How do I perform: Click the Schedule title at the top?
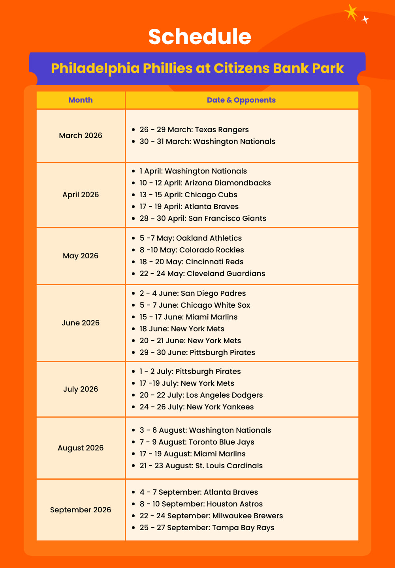[199, 36]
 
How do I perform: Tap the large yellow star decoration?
[351, 12]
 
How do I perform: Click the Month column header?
[81, 100]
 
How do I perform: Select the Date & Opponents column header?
[241, 100]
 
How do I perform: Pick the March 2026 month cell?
[81, 135]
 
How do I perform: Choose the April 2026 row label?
[81, 194]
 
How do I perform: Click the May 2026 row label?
[81, 256]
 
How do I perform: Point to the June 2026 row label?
[81, 323]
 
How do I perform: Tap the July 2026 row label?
[81, 389]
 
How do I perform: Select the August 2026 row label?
[81, 448]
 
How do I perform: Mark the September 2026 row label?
[81, 510]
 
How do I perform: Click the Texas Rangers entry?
[194, 130]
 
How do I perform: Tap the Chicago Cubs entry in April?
[188, 195]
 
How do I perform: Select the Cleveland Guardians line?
[202, 274]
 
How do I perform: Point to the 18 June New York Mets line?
[182, 329]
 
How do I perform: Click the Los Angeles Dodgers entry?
[201, 395]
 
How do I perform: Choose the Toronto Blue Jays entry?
[197, 442]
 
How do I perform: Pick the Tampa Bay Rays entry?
[207, 528]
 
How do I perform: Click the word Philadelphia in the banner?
[95, 68]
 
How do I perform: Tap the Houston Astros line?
[201, 504]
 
